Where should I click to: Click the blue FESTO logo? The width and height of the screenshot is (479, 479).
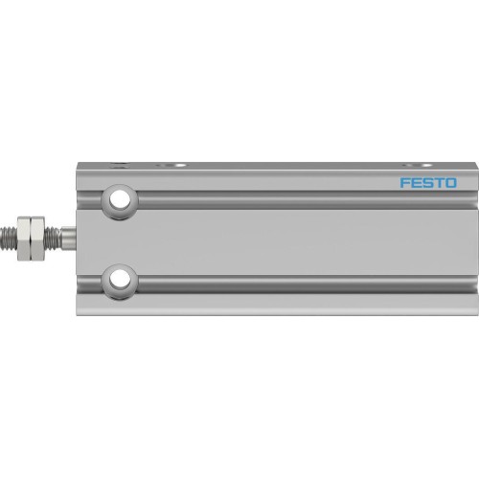[x=427, y=182]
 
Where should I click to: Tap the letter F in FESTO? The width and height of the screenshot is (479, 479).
[x=403, y=182]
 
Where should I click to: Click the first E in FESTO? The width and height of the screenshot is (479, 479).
[x=415, y=182]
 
